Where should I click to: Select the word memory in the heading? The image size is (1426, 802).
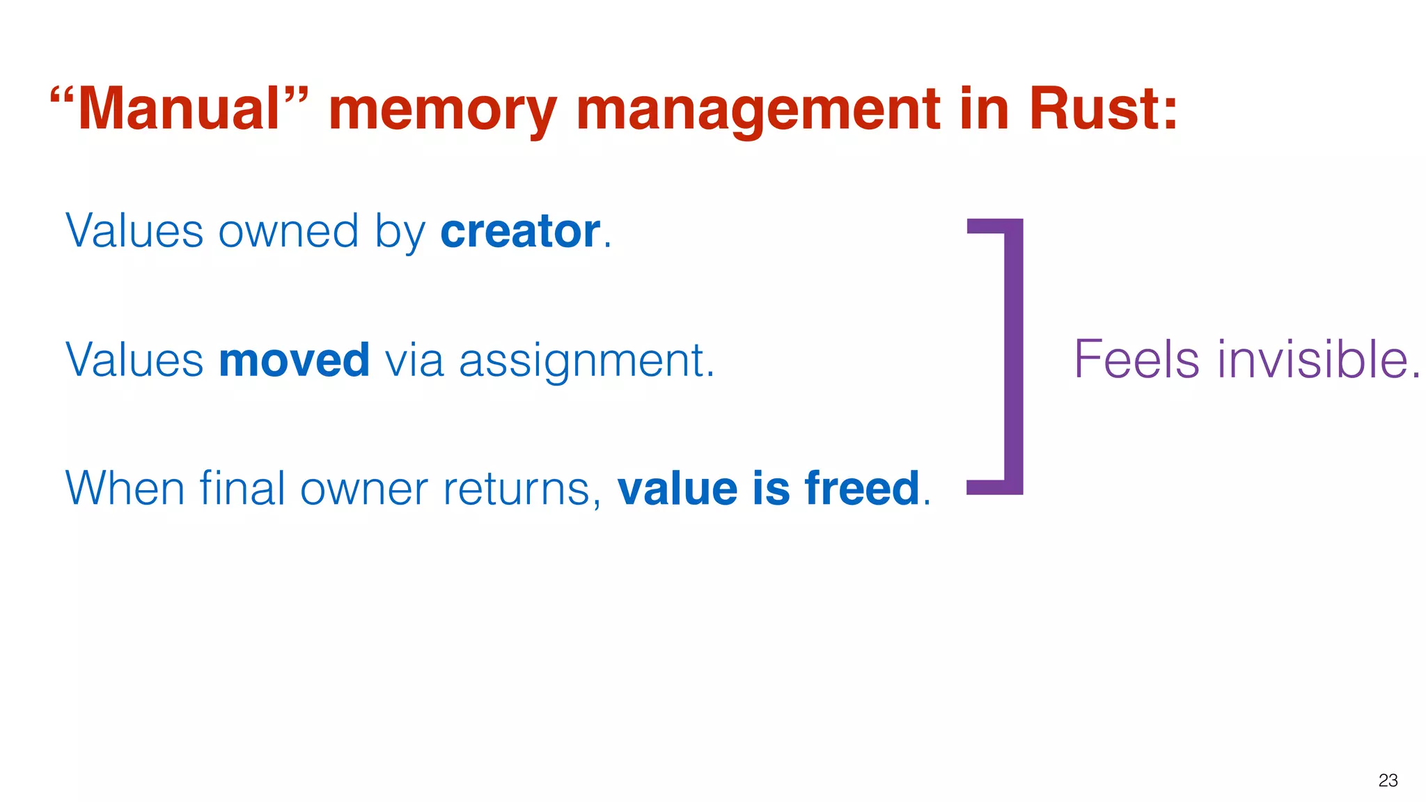click(x=443, y=111)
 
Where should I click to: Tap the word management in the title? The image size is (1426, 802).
click(x=758, y=111)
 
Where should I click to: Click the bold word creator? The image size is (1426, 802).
click(x=520, y=231)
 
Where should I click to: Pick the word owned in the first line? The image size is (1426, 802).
click(x=288, y=231)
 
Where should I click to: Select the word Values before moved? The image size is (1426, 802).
click(x=134, y=360)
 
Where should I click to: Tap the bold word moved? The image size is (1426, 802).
click(x=294, y=360)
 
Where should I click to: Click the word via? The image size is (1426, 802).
click(x=414, y=360)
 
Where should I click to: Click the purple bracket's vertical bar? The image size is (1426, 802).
click(x=1014, y=356)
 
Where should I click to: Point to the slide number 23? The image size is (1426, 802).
click(x=1388, y=780)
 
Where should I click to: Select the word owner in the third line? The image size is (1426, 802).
click(x=363, y=489)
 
